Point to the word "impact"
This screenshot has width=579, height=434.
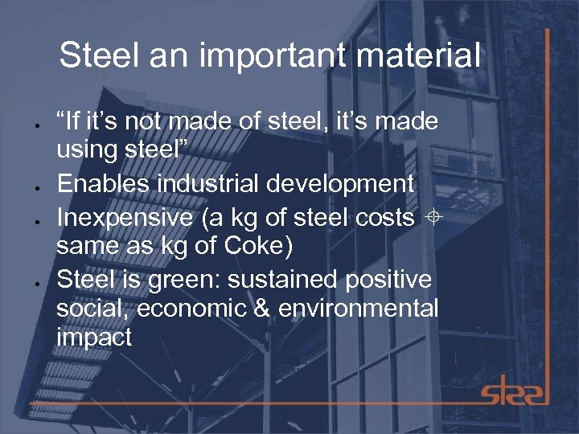94,337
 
